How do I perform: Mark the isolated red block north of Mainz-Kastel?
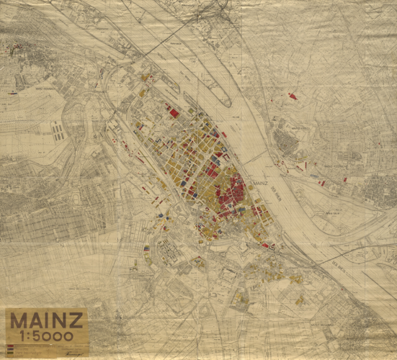(292, 95)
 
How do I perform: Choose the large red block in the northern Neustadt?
(174, 113)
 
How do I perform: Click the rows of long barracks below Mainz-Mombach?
(57, 131)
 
